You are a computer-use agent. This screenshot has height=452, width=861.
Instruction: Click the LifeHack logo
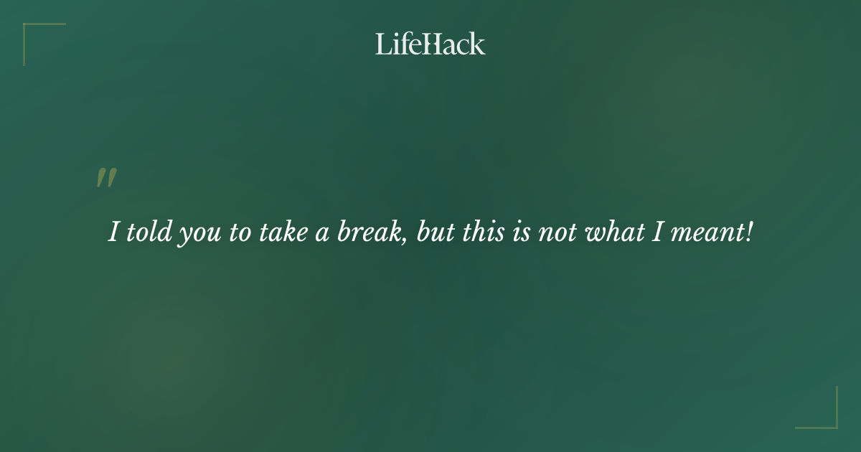[430, 44]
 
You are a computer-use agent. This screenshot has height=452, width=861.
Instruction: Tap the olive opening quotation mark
[106, 179]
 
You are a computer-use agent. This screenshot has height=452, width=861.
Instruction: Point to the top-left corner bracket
[29, 29]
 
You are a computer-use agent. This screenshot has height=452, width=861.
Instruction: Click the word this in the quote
[484, 232]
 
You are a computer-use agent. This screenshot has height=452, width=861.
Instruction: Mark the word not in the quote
[556, 233]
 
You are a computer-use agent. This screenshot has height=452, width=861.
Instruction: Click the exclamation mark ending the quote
[749, 232]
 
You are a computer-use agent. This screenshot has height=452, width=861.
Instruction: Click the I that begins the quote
[113, 232]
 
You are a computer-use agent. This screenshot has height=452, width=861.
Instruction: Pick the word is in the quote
[520, 232]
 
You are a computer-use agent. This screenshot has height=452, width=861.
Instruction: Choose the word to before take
[239, 233]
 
